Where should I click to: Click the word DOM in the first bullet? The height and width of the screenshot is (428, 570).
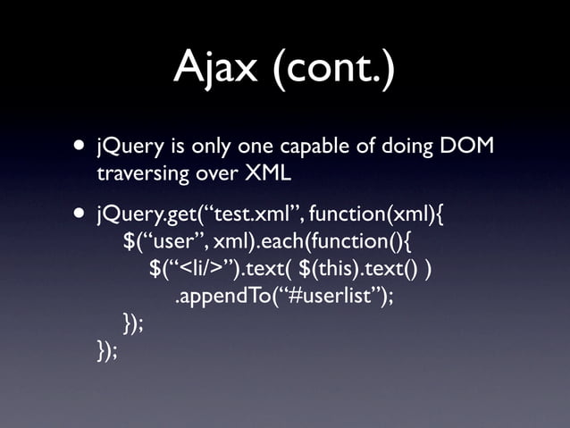point(466,146)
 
